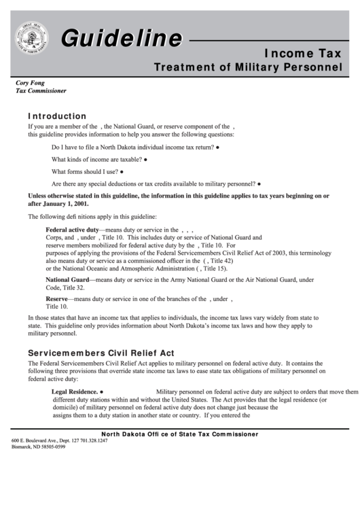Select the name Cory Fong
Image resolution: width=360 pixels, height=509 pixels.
pyautogui.click(x=31, y=82)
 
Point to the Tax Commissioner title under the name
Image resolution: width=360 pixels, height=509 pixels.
pyautogui.click(x=41, y=90)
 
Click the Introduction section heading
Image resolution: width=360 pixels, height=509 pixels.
pyautogui.click(x=57, y=116)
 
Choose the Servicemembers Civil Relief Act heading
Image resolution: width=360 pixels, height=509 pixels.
pyautogui.click(x=101, y=353)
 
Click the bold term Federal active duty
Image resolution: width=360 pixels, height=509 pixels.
pyautogui.click(x=72, y=230)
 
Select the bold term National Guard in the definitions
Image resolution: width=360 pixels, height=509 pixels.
pyautogui.click(x=67, y=279)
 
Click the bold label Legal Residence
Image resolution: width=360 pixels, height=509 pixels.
pyautogui.click(x=75, y=392)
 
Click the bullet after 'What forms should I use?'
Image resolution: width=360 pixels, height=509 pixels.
pyautogui.click(x=122, y=171)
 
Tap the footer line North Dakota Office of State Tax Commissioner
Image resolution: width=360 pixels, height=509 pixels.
pyautogui.click(x=179, y=434)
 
